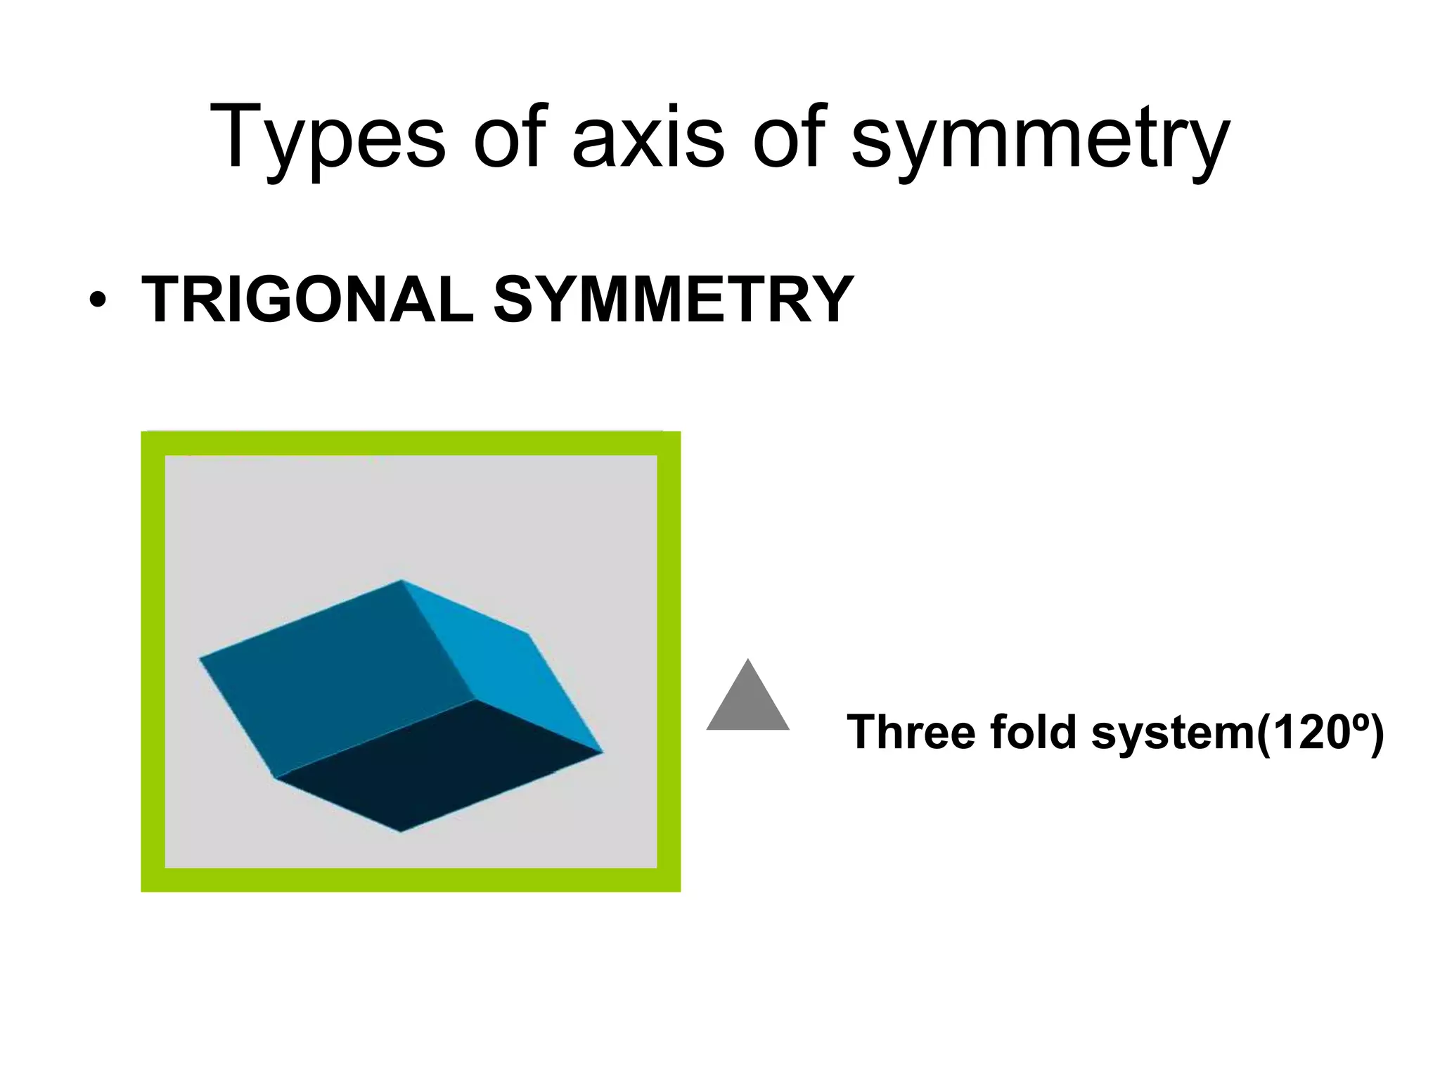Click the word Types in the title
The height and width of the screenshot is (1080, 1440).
327,137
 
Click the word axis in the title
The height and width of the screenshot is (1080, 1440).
648,137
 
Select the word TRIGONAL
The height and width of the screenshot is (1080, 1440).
308,300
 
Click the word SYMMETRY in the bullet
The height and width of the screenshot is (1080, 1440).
673,300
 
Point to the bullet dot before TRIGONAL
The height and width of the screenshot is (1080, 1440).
98,301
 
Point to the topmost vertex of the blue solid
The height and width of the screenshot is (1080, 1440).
401,580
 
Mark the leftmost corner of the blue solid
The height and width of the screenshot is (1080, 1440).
200,659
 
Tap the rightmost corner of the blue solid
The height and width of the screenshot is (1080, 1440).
603,753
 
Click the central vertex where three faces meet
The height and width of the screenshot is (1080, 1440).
474,700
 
